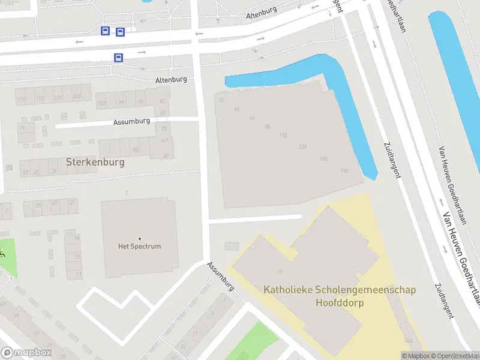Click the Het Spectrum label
pyautogui.click(x=139, y=246)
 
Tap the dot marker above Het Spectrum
pyautogui.click(x=140, y=239)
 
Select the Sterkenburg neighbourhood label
pyautogui.click(x=95, y=162)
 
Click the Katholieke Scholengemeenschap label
pyautogui.click(x=340, y=290)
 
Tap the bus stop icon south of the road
pyautogui.click(x=118, y=58)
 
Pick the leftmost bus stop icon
pyautogui.click(x=106, y=31)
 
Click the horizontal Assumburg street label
pyautogui.click(x=131, y=122)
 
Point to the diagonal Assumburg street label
pyautogui.click(x=220, y=276)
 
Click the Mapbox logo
pyautogui.click(x=26, y=353)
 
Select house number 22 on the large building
pyautogui.click(x=221, y=100)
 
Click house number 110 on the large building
pyautogui.click(x=283, y=136)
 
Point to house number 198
pyautogui.click(x=344, y=171)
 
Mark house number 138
pyautogui.click(x=303, y=147)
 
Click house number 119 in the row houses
pyautogui.click(x=22, y=99)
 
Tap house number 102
pyautogui.click(x=76, y=97)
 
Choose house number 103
pyautogui.click(x=102, y=103)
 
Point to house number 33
pyautogui.click(x=25, y=172)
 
